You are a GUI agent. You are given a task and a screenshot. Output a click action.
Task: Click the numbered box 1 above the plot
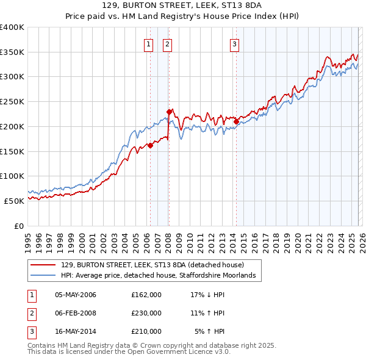point(149,43)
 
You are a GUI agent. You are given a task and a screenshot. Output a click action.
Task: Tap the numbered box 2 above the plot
point(167,43)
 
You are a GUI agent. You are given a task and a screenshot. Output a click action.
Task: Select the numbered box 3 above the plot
point(235,43)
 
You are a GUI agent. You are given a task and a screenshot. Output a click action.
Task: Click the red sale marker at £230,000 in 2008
point(169,112)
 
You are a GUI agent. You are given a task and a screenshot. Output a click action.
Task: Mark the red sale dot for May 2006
point(150,145)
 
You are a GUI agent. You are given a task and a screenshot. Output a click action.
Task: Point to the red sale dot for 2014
point(236,121)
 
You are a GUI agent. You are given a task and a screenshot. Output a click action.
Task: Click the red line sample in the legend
point(43,265)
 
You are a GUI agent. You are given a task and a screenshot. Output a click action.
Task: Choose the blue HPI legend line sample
point(43,276)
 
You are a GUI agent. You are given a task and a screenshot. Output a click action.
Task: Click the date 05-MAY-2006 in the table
point(76,295)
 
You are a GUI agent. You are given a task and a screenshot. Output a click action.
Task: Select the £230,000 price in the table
point(146,313)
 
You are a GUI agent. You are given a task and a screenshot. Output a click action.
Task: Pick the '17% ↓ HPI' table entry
point(207,295)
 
